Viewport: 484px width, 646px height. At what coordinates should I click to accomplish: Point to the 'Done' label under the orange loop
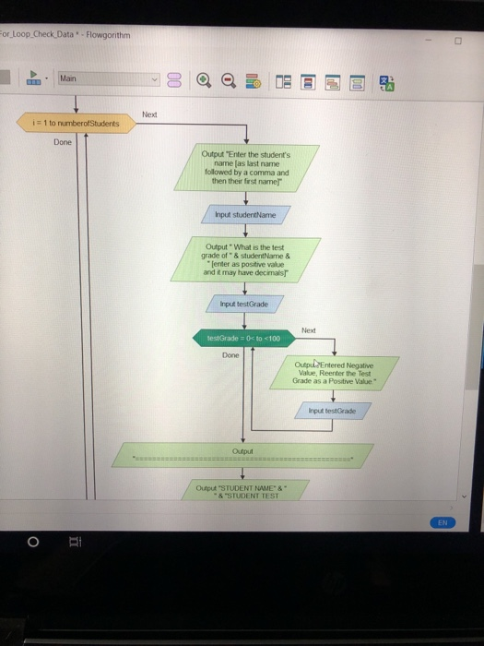pos(62,143)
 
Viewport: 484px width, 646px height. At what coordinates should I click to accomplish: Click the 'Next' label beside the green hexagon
pos(309,329)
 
